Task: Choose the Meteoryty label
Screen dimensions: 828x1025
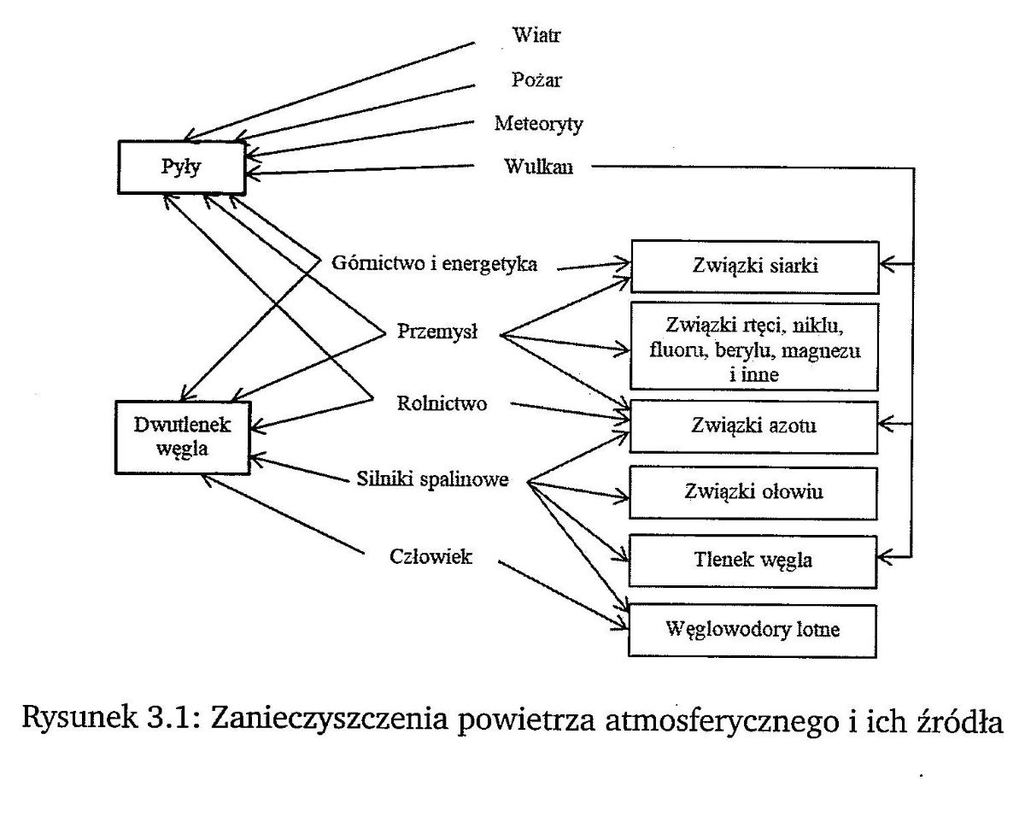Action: pyautogui.click(x=538, y=124)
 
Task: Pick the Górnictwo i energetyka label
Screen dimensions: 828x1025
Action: pyautogui.click(x=434, y=264)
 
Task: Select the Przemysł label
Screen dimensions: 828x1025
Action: pyautogui.click(x=437, y=332)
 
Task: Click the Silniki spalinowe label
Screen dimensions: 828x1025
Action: pyautogui.click(x=431, y=479)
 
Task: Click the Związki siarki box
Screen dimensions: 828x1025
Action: pyautogui.click(x=753, y=266)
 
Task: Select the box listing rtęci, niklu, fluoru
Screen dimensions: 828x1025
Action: pyautogui.click(x=753, y=349)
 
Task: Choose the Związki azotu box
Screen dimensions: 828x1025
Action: pyautogui.click(x=753, y=424)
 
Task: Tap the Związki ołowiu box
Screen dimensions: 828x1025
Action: pyautogui.click(x=753, y=492)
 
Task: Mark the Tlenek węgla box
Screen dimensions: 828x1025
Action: pyautogui.click(x=753, y=561)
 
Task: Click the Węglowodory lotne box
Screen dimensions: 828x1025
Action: pyautogui.click(x=753, y=630)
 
